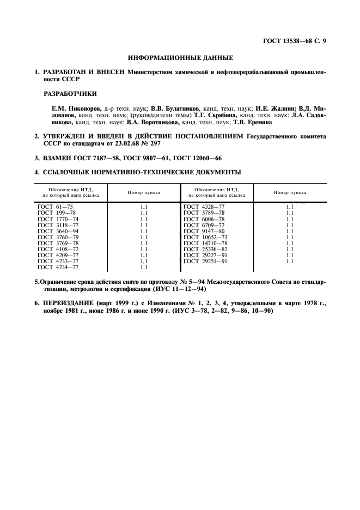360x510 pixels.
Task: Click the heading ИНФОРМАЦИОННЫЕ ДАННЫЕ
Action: tap(180, 57)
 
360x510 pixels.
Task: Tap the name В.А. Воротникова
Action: tap(149, 122)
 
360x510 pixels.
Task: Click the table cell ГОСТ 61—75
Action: tap(54, 207)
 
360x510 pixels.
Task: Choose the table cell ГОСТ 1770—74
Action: tap(58, 219)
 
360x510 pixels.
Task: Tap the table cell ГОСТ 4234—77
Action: tap(58, 267)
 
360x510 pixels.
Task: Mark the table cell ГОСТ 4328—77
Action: tap(204, 207)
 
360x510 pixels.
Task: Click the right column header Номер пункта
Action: tap(290, 193)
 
